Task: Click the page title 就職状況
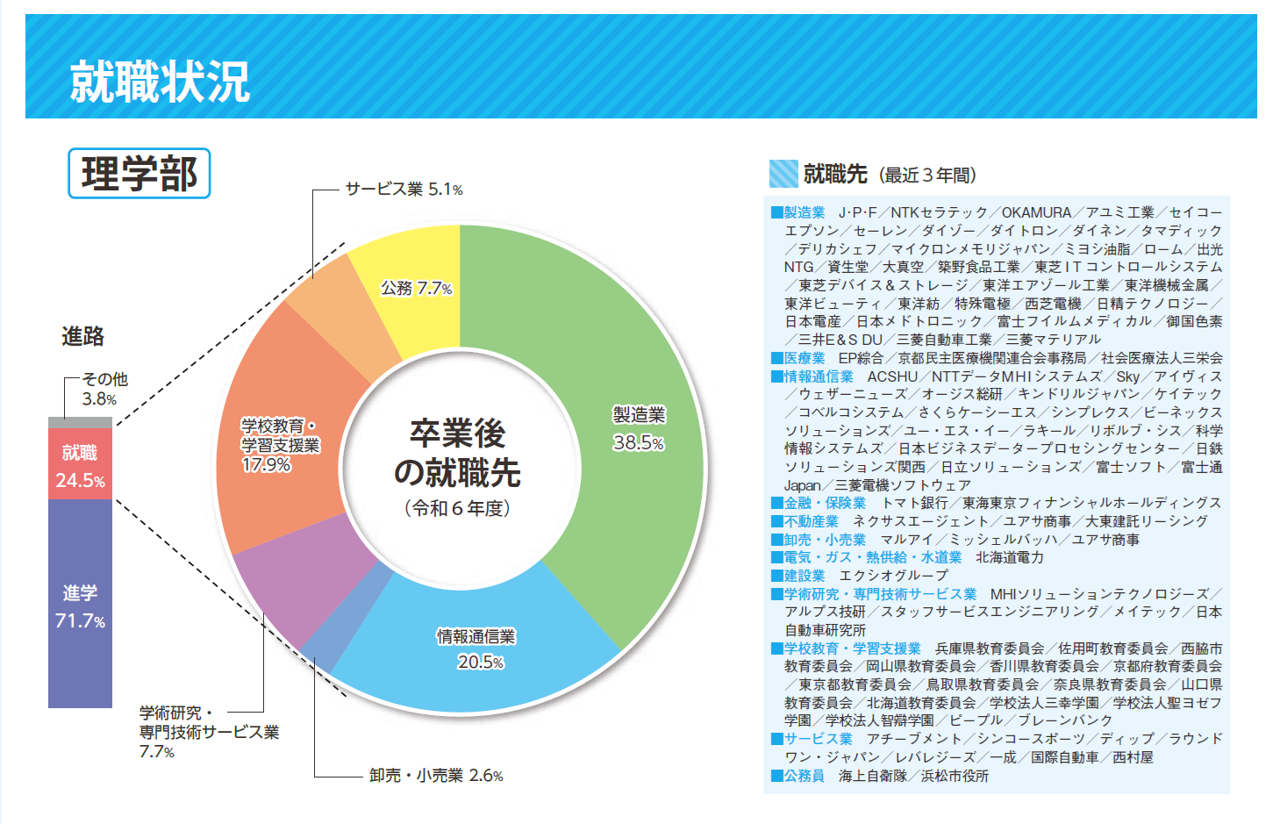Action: click(160, 82)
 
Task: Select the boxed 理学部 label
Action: click(139, 174)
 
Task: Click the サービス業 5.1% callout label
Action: click(404, 190)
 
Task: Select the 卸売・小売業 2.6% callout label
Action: click(436, 776)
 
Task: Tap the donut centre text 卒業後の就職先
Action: click(458, 453)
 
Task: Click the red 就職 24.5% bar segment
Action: click(80, 465)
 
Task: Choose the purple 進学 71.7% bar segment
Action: click(80, 605)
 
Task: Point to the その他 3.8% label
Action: click(104, 389)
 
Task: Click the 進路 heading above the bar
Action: click(83, 336)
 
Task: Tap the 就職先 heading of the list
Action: click(835, 175)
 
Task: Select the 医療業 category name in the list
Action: click(804, 358)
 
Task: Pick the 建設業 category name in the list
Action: click(804, 576)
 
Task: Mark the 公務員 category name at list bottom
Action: click(804, 776)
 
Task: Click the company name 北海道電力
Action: click(1009, 557)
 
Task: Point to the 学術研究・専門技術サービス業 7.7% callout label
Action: click(209, 732)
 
